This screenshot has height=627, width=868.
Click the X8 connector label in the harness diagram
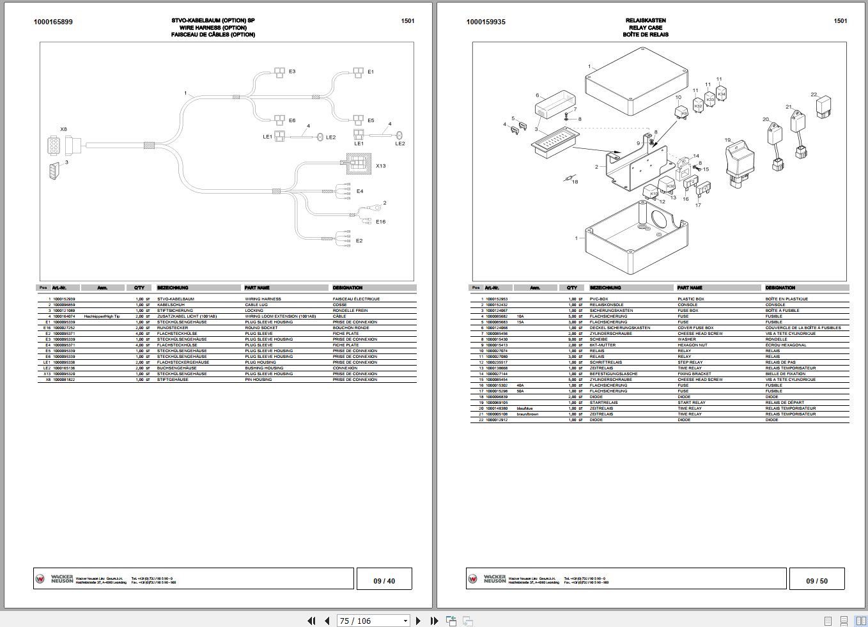63,129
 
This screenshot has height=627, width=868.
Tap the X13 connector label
381,166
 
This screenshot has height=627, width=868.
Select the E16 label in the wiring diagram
381,222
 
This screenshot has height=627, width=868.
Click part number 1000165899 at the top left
53,22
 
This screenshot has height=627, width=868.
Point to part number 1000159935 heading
486,22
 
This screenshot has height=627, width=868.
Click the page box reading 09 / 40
384,581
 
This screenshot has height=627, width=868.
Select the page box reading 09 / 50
817,581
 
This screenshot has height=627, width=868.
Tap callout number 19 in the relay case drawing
727,140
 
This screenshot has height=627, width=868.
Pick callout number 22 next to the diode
814,95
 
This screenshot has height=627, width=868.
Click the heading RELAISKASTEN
646,20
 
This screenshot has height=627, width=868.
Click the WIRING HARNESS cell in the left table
263,299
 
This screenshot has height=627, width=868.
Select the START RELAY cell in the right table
692,403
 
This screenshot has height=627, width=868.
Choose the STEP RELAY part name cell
690,362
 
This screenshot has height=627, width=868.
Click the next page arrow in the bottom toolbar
419,621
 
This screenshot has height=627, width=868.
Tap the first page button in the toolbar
311,621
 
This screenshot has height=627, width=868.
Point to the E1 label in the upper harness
371,72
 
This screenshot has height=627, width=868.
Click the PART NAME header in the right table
690,288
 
